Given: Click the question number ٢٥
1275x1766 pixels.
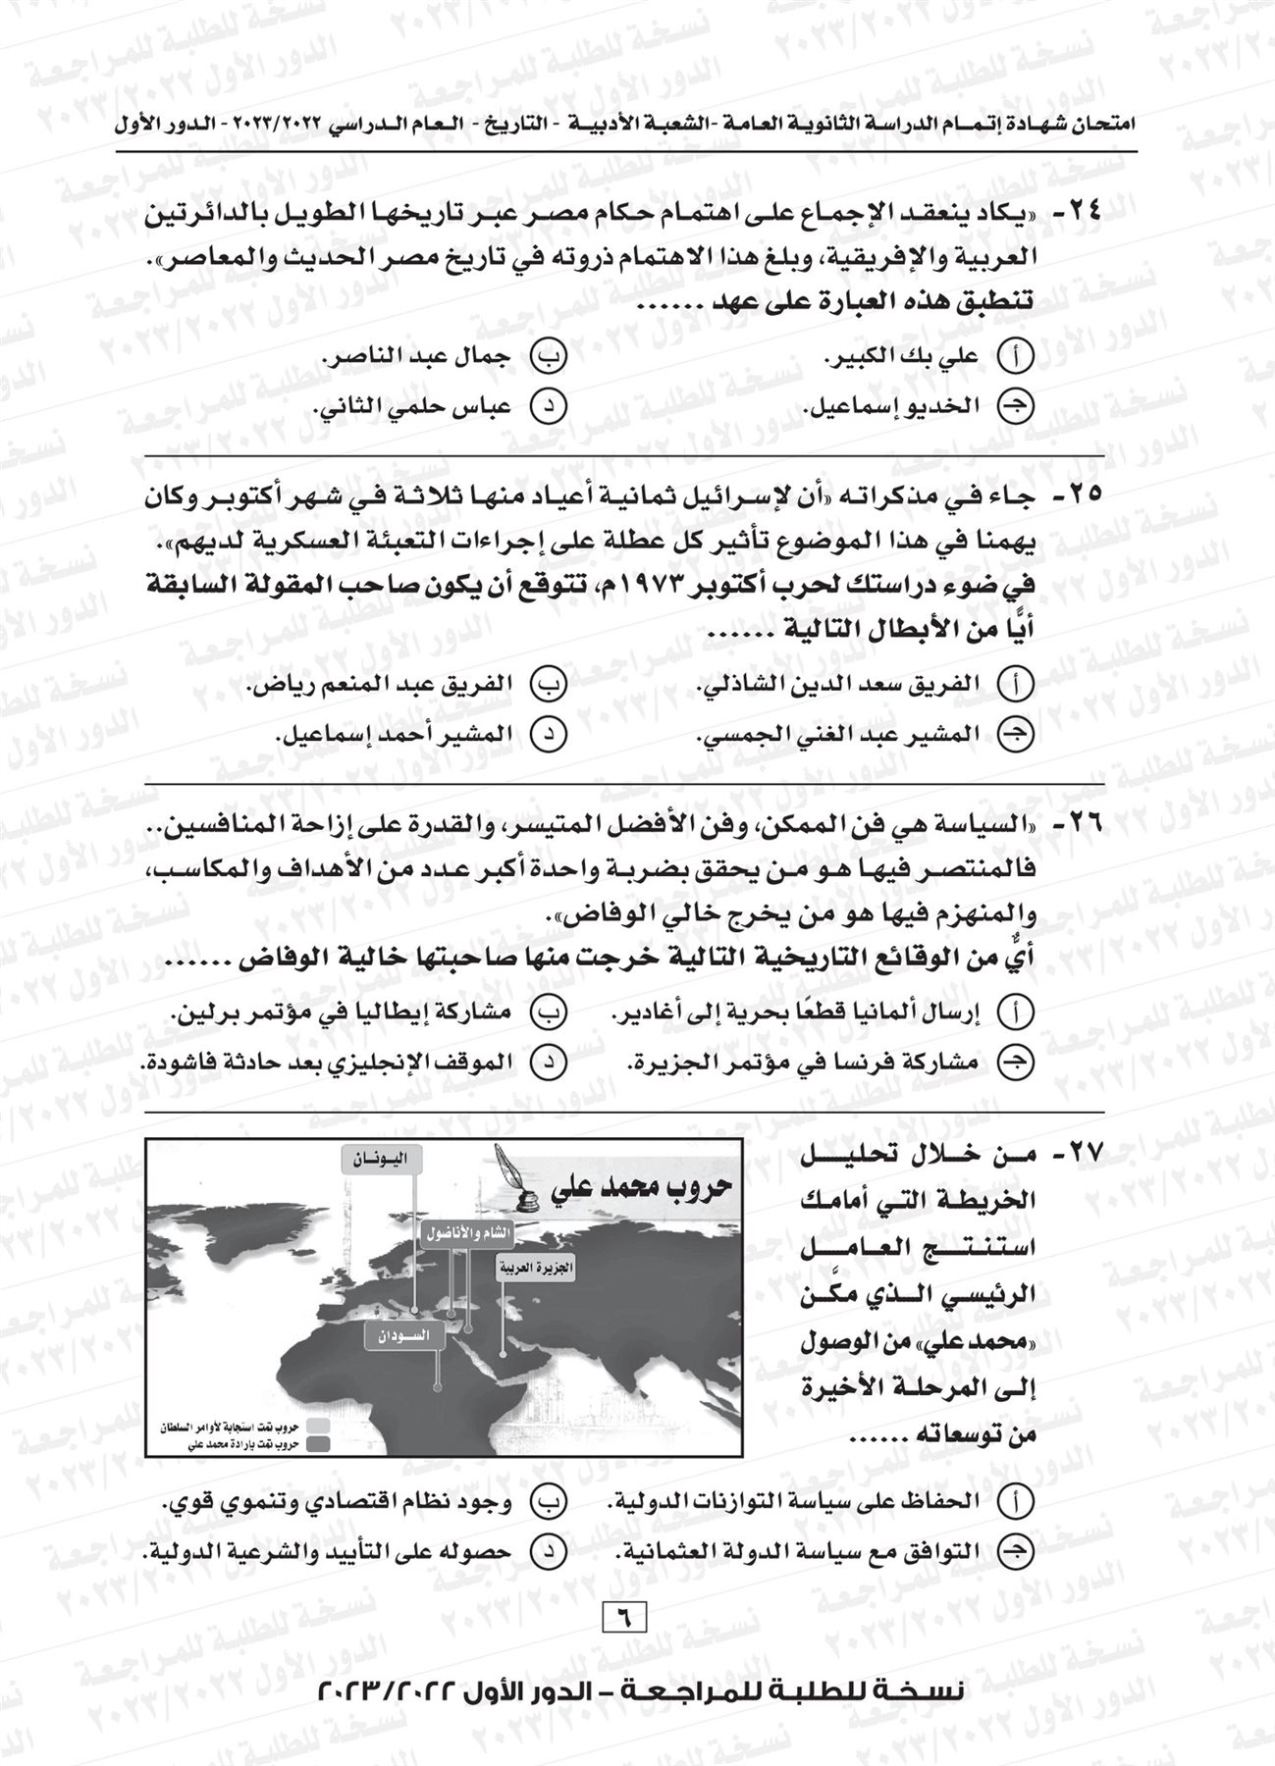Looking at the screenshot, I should (1082, 501).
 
